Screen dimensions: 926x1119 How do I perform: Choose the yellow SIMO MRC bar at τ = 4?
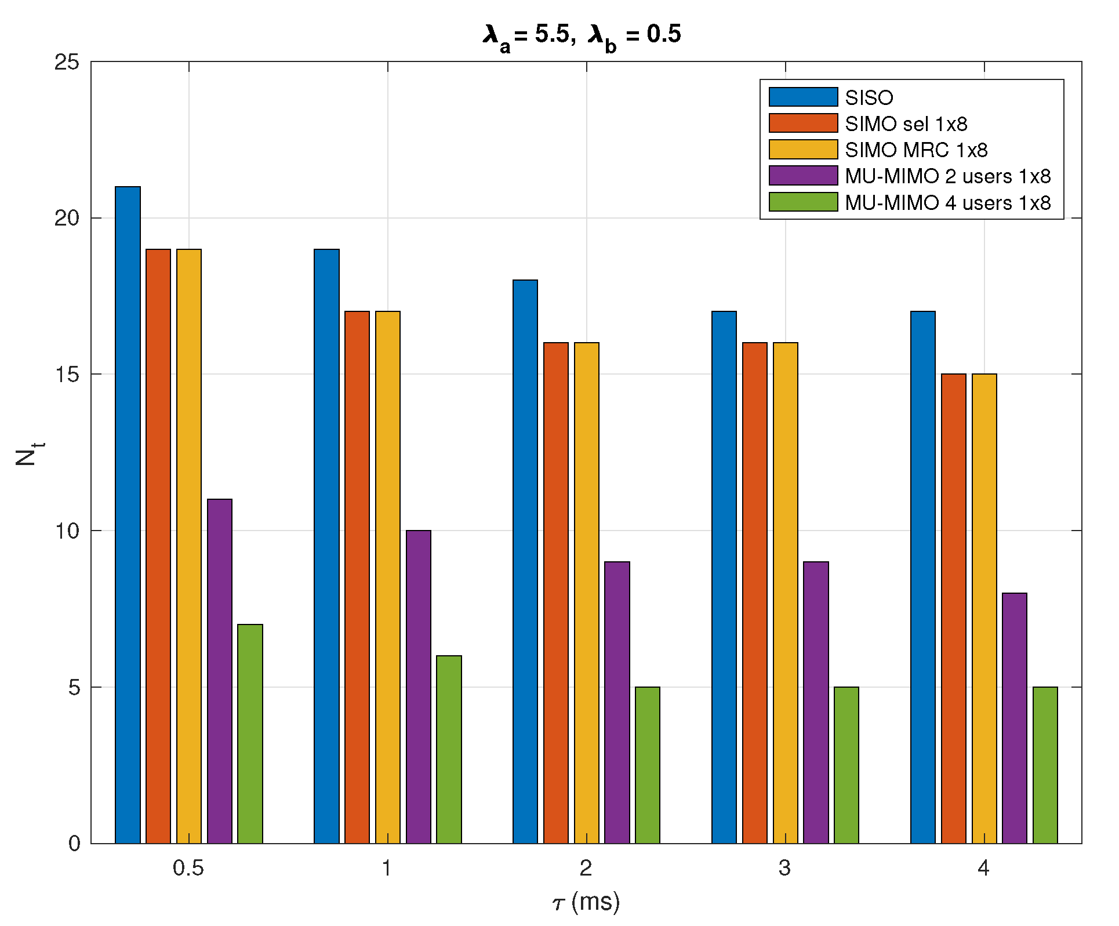(x=984, y=608)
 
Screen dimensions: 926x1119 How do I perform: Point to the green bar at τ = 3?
(x=846, y=765)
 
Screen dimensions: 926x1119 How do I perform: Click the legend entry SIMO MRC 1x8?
(x=916, y=150)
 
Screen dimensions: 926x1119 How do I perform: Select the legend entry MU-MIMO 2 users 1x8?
(x=947, y=176)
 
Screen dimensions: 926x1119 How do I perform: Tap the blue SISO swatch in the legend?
(x=803, y=97)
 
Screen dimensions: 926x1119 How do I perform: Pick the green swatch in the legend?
(x=803, y=202)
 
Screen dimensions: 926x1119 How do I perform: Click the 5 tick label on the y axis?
(x=74, y=687)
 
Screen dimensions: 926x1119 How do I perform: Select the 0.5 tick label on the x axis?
(x=188, y=868)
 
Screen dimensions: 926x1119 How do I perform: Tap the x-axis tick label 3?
(x=784, y=868)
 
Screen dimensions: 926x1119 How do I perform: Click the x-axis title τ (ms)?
(x=586, y=902)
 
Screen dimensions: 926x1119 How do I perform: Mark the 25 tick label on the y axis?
(x=67, y=62)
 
